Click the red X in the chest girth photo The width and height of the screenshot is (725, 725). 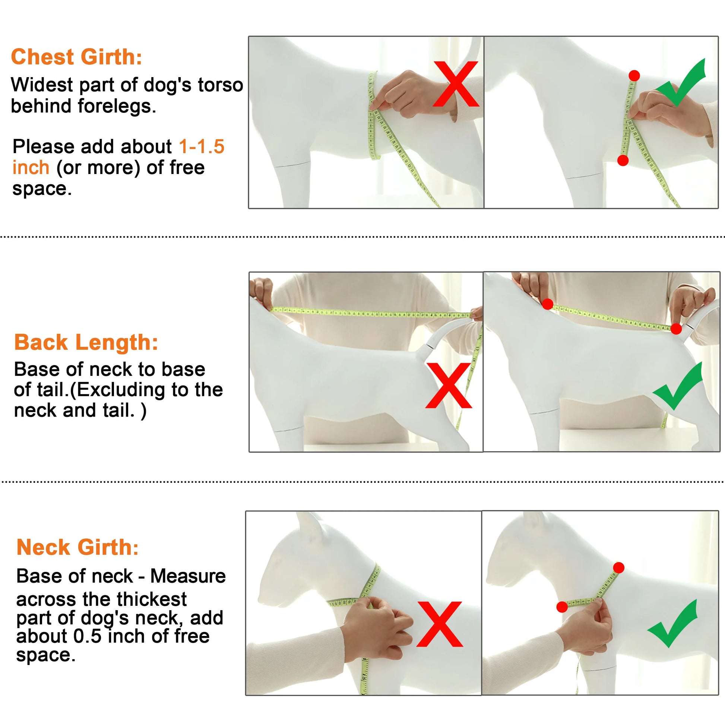click(456, 84)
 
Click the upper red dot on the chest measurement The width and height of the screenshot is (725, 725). click(634, 75)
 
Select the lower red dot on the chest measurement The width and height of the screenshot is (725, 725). click(623, 160)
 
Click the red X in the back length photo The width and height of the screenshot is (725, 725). click(449, 385)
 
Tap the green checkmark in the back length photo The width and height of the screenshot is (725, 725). click(677, 386)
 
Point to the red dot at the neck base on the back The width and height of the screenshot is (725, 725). click(548, 304)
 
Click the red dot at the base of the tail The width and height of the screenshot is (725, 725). click(676, 329)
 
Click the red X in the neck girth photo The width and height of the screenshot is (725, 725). click(440, 624)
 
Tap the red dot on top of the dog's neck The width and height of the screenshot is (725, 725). click(619, 567)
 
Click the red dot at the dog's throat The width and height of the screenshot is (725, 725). click(562, 607)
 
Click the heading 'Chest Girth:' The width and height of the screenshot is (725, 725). click(76, 57)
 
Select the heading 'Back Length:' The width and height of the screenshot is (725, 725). click(86, 342)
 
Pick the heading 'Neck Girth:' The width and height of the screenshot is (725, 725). click(77, 547)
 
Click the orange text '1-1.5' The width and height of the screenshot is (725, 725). click(202, 146)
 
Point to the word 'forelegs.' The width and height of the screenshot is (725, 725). click(117, 106)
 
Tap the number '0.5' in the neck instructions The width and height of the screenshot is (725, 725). click(88, 636)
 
